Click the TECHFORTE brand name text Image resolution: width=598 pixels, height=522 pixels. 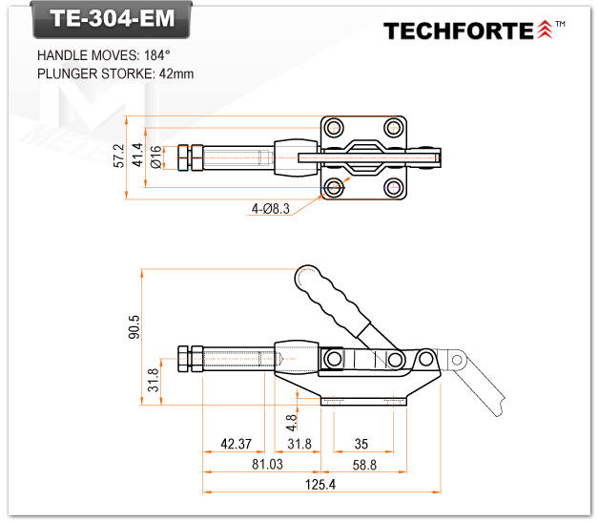click(x=459, y=31)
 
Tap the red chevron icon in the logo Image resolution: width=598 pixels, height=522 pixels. click(x=545, y=31)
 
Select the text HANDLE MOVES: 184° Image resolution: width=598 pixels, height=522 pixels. click(x=103, y=55)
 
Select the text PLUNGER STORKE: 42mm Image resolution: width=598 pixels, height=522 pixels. click(x=114, y=73)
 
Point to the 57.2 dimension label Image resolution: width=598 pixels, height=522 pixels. click(x=119, y=157)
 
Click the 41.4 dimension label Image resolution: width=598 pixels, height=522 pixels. click(x=138, y=157)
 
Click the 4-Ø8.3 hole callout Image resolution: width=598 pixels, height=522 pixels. click(x=271, y=208)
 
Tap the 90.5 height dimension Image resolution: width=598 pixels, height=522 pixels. click(x=134, y=326)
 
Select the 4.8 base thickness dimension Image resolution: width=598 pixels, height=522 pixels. click(x=292, y=418)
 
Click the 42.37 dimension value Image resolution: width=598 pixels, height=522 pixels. click(x=236, y=444)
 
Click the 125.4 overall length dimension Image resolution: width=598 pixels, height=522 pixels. click(x=320, y=485)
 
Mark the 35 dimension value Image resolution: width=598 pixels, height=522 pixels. click(x=361, y=444)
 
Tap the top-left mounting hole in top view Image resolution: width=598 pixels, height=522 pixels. click(x=333, y=127)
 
